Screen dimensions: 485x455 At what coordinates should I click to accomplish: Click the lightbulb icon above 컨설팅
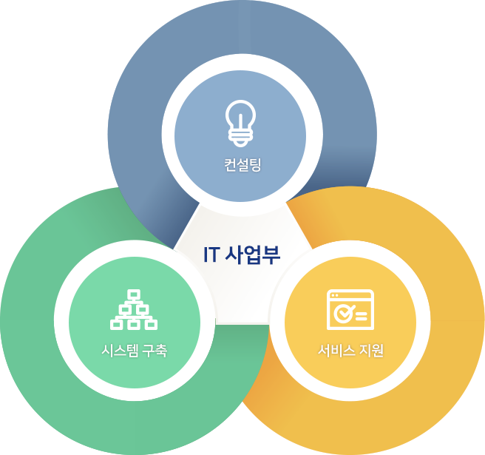click(x=240, y=124)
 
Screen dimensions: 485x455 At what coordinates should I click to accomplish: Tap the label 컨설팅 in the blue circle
click(x=243, y=164)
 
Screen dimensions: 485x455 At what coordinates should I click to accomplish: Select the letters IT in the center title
click(x=212, y=255)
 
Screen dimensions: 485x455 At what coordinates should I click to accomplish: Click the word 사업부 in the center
click(x=252, y=255)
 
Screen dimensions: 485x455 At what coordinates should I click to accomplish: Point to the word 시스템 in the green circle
click(x=121, y=351)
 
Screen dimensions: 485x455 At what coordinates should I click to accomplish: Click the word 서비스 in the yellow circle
click(x=337, y=351)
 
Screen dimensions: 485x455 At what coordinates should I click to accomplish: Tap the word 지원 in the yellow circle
click(x=371, y=351)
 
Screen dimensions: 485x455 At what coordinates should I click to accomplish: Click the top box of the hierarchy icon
click(x=134, y=294)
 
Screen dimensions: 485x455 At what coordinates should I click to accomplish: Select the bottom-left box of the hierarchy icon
click(x=116, y=324)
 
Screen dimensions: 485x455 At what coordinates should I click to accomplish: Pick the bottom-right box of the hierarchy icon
click(x=151, y=324)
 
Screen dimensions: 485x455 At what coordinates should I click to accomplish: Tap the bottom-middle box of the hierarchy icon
click(x=134, y=324)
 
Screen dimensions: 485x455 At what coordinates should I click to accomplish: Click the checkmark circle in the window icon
click(x=343, y=314)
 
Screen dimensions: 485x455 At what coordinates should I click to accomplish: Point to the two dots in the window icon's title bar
click(x=334, y=295)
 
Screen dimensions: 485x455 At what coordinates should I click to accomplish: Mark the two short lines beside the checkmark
click(x=362, y=317)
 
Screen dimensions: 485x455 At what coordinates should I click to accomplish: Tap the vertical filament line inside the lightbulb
click(x=240, y=121)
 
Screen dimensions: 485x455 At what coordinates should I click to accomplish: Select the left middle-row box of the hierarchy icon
click(x=125, y=309)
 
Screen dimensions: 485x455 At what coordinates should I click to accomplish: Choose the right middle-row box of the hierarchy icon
click(x=142, y=309)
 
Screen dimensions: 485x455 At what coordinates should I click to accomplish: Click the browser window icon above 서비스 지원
click(x=350, y=309)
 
